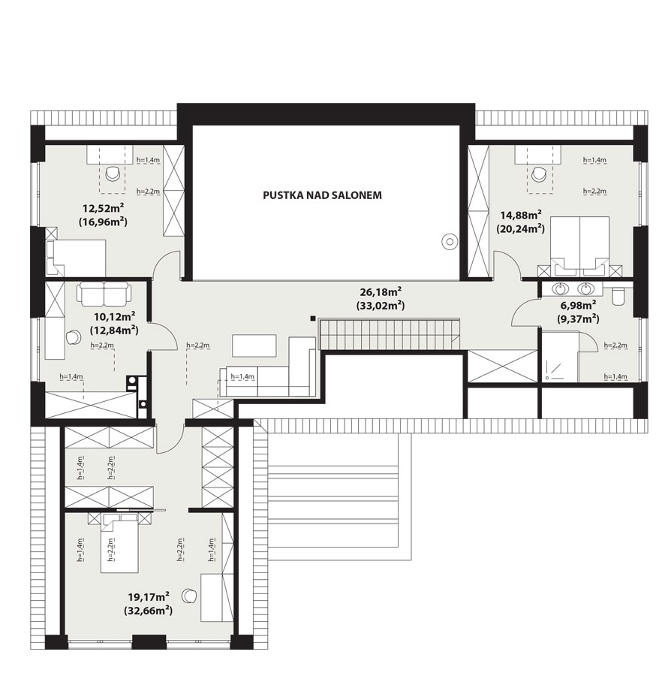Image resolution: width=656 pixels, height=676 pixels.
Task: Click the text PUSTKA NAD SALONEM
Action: click(322, 195)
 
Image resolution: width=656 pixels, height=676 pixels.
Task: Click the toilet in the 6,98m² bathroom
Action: click(618, 296)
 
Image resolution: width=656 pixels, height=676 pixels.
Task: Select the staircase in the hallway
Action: click(390, 334)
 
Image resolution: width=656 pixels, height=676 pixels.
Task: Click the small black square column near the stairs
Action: click(313, 318)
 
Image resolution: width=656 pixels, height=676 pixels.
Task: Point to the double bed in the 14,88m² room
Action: click(579, 246)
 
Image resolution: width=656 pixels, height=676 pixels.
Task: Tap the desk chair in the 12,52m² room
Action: click(113, 174)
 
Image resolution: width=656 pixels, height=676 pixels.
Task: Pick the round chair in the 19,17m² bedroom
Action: click(188, 596)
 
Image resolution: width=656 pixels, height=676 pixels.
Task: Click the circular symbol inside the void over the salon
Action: click(450, 242)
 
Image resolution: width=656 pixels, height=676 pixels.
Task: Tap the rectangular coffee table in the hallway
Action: click(254, 346)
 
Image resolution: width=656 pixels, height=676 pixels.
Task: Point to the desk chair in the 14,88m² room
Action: click(538, 174)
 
